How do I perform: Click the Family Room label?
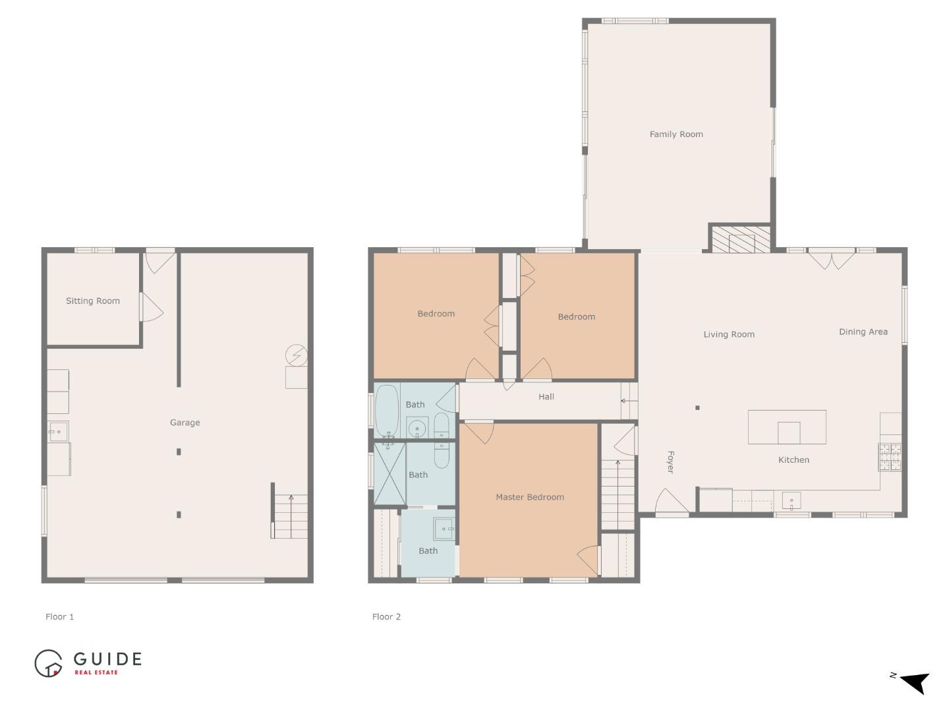click(x=676, y=134)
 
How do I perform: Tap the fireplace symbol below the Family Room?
click(x=740, y=239)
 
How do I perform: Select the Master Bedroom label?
click(x=530, y=497)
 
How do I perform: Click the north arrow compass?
click(x=913, y=682)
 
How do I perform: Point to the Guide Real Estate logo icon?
click(x=48, y=663)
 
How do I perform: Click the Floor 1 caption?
click(x=59, y=617)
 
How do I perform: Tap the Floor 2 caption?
click(x=386, y=617)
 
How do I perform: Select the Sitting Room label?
click(x=93, y=301)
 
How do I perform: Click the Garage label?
click(x=185, y=423)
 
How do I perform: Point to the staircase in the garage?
click(x=290, y=516)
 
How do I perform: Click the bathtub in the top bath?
click(x=386, y=410)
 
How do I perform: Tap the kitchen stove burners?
click(x=889, y=457)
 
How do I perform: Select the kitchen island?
click(x=787, y=427)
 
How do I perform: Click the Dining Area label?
click(x=863, y=332)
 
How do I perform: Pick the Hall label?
click(x=546, y=397)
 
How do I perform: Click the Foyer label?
click(x=670, y=462)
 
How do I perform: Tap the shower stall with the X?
click(x=389, y=474)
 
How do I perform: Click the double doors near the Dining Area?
click(x=832, y=259)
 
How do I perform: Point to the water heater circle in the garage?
click(x=296, y=356)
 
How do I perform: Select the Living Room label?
click(x=729, y=334)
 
